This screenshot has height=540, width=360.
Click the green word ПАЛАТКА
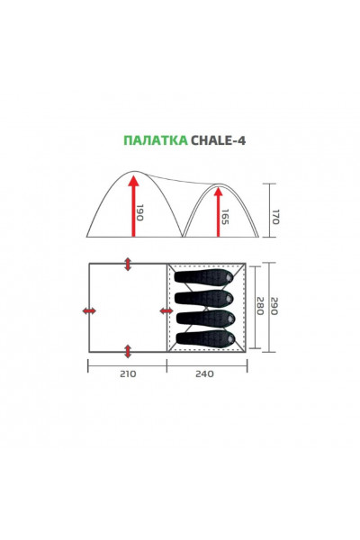point(154,140)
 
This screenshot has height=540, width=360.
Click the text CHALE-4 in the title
point(215,140)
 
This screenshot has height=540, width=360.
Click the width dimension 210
point(127,374)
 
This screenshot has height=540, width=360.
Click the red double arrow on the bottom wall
point(128,351)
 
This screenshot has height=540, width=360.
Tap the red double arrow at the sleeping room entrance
point(166,310)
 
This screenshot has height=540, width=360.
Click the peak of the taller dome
point(132,171)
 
